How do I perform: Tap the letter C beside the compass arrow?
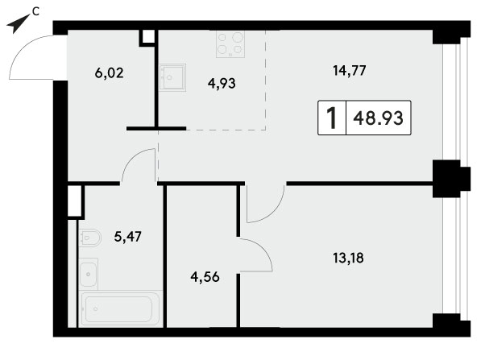pyautogui.click(x=36, y=12)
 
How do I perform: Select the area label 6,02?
pyautogui.click(x=110, y=73)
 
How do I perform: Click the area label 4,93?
pyautogui.click(x=222, y=83)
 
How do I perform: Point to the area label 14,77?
pyautogui.click(x=350, y=70)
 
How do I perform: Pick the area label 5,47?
pyautogui.click(x=128, y=237)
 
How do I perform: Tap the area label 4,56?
pyautogui.click(x=205, y=277)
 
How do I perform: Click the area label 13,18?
pyautogui.click(x=348, y=258)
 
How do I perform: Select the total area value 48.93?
pyautogui.click(x=379, y=118)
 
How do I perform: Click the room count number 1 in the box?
pyautogui.click(x=332, y=118)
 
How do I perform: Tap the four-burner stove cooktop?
pyautogui.click(x=230, y=44)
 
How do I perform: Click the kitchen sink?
pyautogui.click(x=172, y=77)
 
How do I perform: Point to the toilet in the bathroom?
pyautogui.click(x=89, y=238)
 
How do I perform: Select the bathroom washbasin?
pyautogui.click(x=89, y=274)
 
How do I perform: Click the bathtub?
pyautogui.click(x=121, y=308)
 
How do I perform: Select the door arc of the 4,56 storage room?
pyautogui.click(x=263, y=249)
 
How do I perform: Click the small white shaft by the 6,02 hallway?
pyautogui.click(x=148, y=37)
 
